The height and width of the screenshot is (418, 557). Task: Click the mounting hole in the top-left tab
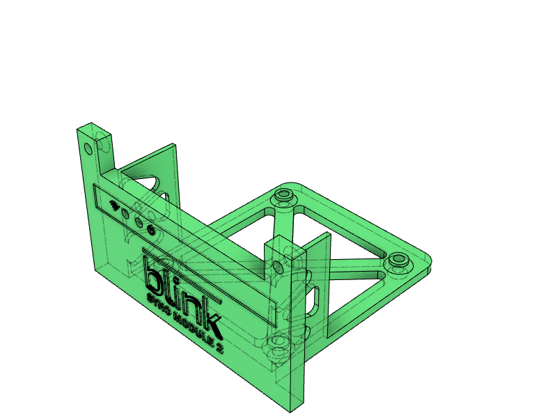[x=88, y=148]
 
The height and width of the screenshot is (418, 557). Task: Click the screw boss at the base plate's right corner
[x=398, y=260]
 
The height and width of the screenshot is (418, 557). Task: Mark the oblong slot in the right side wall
[x=315, y=297]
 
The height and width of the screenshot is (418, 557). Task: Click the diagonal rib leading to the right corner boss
[x=355, y=263]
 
